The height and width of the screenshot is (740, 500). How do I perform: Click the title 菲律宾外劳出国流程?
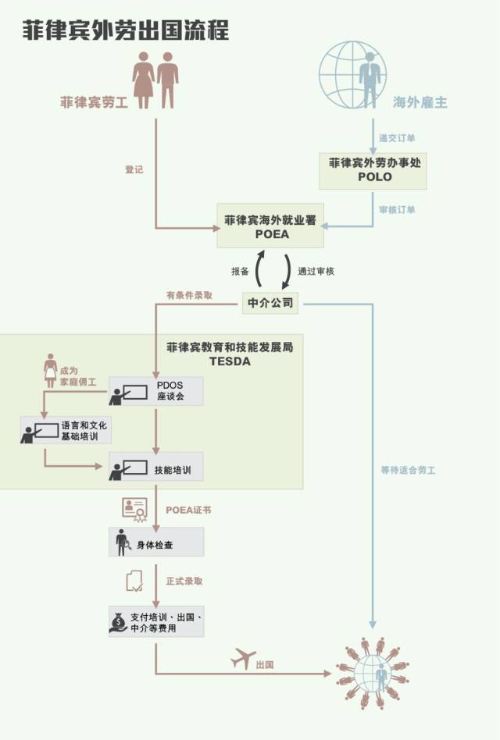[x=126, y=30]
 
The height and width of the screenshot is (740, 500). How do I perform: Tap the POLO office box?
[x=373, y=171]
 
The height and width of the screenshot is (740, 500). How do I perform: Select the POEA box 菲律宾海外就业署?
[x=270, y=226]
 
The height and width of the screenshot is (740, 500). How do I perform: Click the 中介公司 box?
[x=270, y=303]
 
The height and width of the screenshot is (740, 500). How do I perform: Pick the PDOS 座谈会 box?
[x=155, y=391]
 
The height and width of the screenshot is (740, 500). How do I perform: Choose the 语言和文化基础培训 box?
[x=66, y=430]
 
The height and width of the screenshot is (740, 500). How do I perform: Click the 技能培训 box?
[x=155, y=466]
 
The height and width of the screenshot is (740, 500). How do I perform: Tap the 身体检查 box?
[x=156, y=542]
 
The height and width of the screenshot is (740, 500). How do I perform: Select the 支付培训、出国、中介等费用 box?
[x=156, y=621]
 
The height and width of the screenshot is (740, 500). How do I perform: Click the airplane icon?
[x=243, y=658]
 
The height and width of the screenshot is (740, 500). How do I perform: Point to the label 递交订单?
[x=397, y=138]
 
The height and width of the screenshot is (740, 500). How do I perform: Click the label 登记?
[x=134, y=169]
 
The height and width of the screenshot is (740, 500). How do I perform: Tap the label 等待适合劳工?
[x=409, y=470]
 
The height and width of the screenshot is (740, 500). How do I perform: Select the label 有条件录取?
[x=189, y=295]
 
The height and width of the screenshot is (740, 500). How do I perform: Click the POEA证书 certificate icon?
[x=135, y=510]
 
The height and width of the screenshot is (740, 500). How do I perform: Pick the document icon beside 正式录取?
[x=134, y=581]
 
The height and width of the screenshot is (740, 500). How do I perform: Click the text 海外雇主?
[x=420, y=102]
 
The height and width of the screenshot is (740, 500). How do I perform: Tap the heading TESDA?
[x=230, y=361]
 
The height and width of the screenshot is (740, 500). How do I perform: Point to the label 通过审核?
[x=316, y=272]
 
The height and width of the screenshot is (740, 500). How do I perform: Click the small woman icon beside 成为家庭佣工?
[x=50, y=371]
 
